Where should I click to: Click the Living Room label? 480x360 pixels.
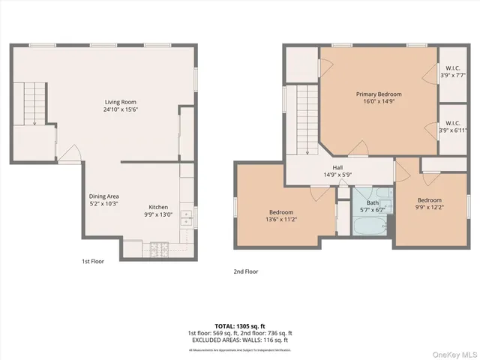click(x=120, y=106)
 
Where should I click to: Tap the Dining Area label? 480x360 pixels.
click(x=103, y=199)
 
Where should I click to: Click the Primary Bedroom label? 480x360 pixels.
click(x=378, y=98)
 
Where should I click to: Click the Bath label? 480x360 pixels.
click(x=372, y=206)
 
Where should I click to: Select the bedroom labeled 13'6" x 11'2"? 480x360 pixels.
click(x=280, y=216)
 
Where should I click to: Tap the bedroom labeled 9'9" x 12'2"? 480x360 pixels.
click(x=429, y=204)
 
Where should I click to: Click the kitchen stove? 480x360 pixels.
click(x=160, y=248)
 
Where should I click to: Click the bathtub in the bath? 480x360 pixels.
click(x=372, y=224)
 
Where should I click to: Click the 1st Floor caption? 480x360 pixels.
click(x=94, y=262)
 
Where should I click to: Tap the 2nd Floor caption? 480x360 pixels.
click(x=245, y=271)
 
